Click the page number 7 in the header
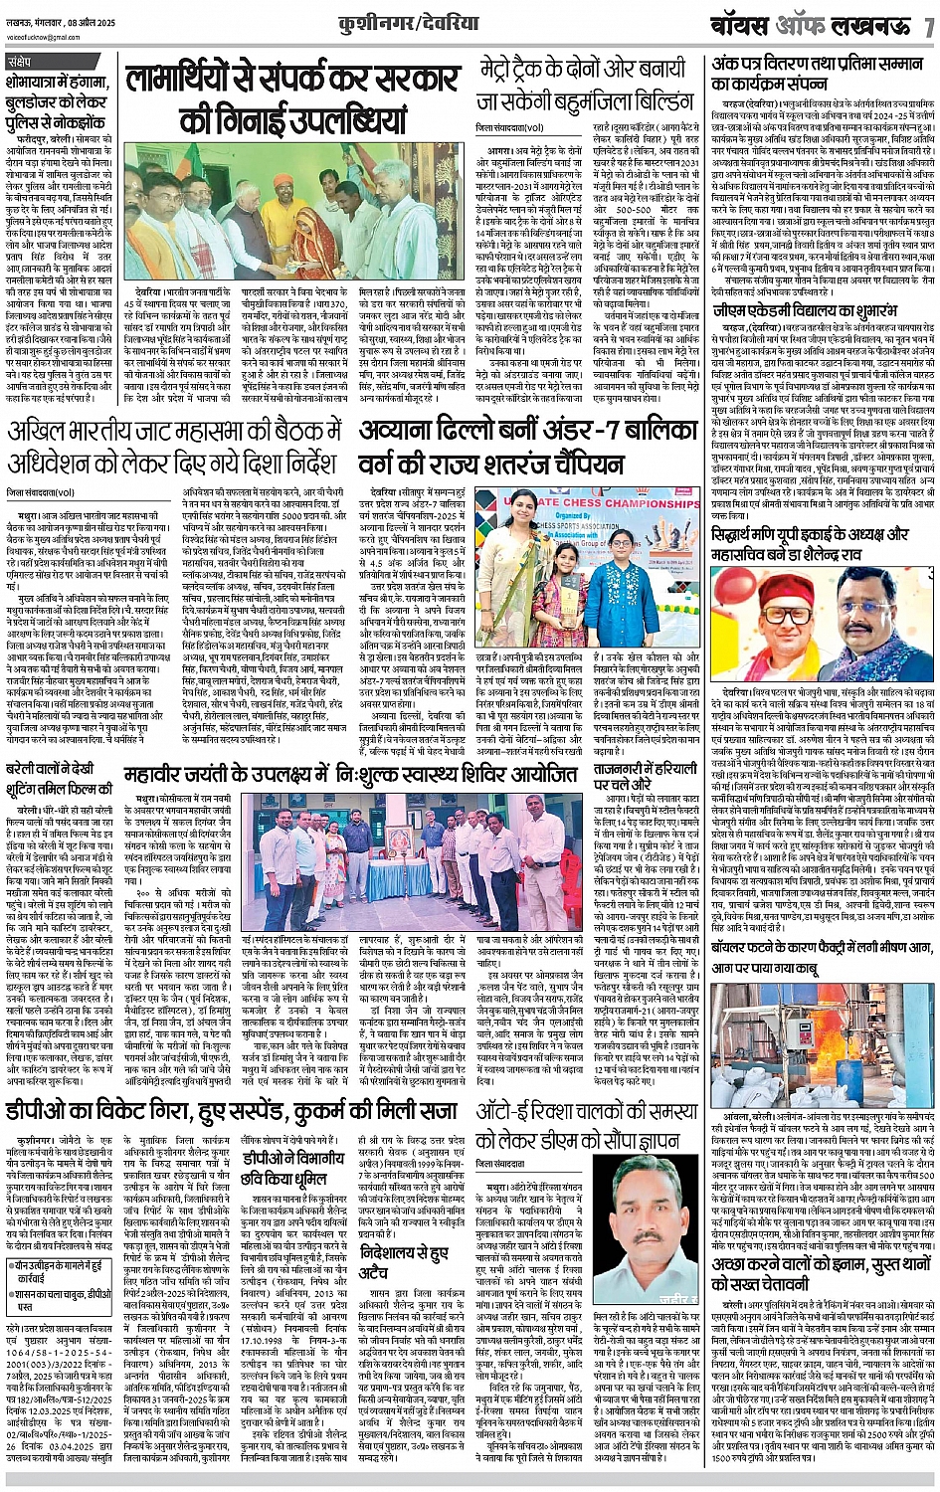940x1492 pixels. (x=928, y=25)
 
